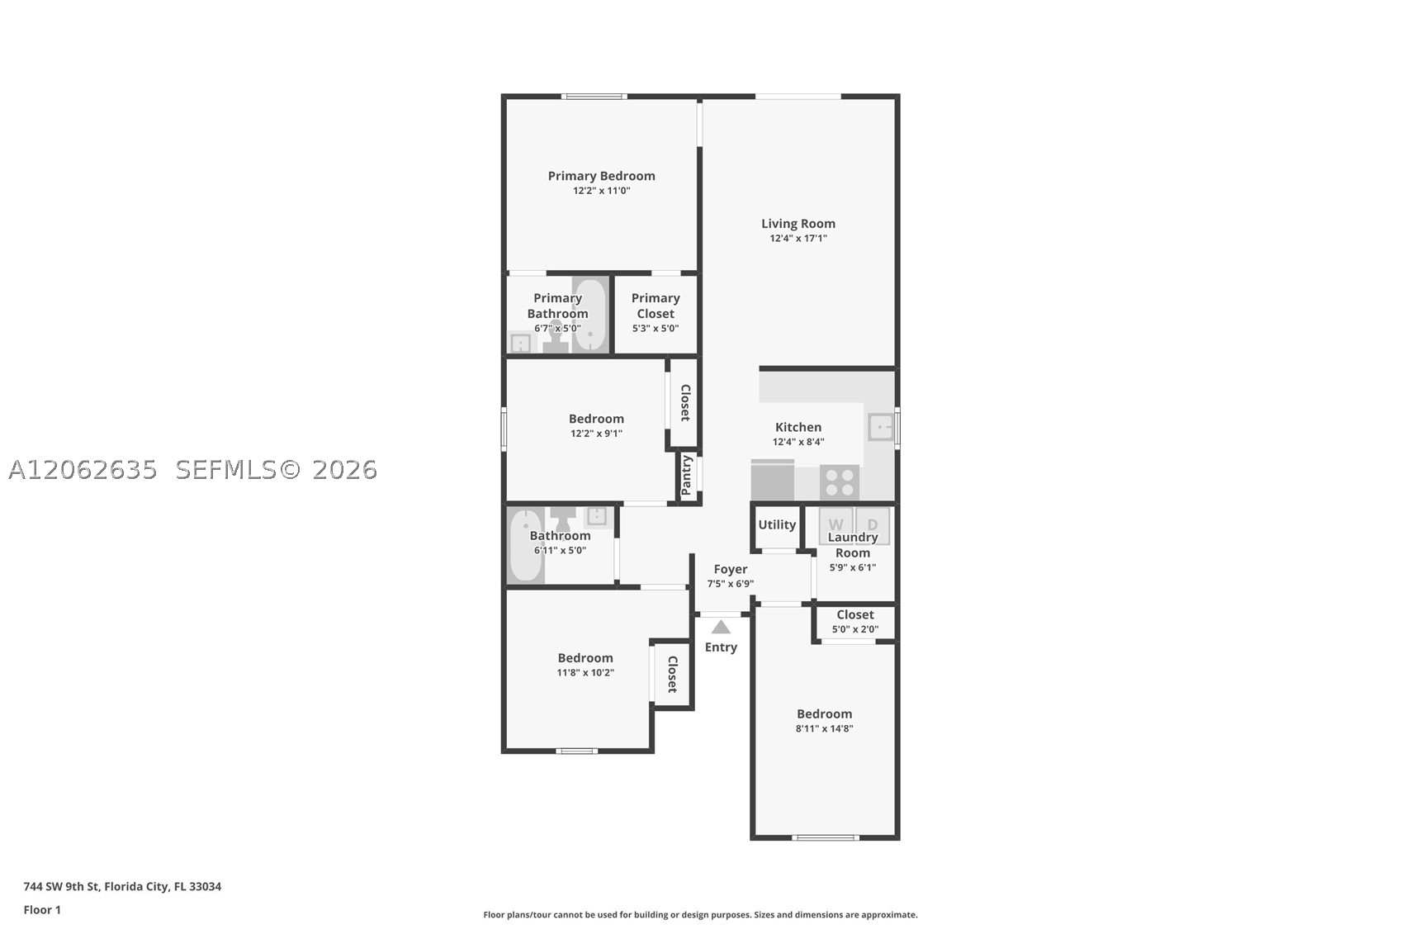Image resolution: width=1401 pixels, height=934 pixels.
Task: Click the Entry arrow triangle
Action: point(721,627)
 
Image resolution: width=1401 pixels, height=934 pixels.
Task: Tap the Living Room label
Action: point(798,223)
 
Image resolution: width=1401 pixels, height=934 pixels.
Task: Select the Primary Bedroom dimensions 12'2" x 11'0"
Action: point(602,191)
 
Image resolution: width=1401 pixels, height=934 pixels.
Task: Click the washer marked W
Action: point(835,525)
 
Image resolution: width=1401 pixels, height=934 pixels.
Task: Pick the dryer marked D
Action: point(873,525)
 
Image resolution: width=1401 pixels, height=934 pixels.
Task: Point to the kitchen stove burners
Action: point(840,482)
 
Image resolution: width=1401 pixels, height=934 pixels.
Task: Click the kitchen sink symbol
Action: point(881,427)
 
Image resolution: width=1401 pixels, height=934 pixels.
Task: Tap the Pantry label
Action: point(687,475)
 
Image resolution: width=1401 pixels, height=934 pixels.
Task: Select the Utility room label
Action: point(777,525)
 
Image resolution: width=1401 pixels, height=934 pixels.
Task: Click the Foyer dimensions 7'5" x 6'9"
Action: point(731,584)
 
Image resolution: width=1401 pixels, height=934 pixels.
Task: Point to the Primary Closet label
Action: point(656,306)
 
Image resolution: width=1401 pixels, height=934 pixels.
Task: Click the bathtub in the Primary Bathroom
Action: point(589,315)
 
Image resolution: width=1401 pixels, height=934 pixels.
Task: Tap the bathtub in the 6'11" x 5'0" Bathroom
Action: point(526,545)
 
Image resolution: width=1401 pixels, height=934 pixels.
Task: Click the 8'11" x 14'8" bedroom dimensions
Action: point(825,728)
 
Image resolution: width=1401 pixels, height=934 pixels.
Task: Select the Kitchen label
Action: point(798,427)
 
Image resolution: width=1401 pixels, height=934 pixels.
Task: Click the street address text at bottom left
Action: point(122,886)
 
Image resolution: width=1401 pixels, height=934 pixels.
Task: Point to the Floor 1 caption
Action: point(43,910)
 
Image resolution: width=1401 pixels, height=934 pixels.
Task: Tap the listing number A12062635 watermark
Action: point(83,470)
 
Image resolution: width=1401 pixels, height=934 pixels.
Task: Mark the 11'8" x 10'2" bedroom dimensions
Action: point(585,672)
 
